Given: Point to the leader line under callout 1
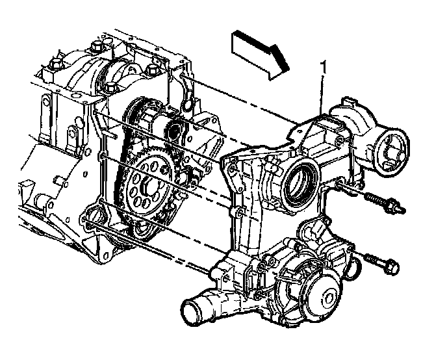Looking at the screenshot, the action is (x=321, y=92).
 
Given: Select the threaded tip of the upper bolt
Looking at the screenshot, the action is (x=402, y=209).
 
